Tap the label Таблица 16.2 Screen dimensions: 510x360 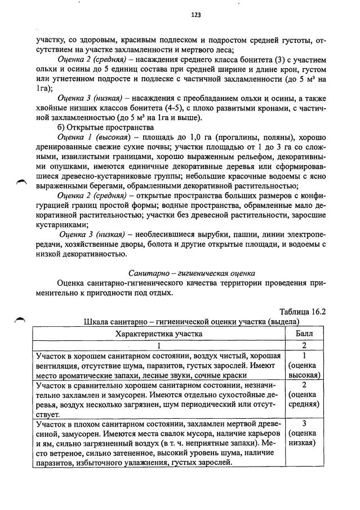303,312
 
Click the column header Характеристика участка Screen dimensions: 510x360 159,334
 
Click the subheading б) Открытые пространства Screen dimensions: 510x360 97,127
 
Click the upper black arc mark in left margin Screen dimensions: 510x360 21,180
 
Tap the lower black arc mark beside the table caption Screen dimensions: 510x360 21,319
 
